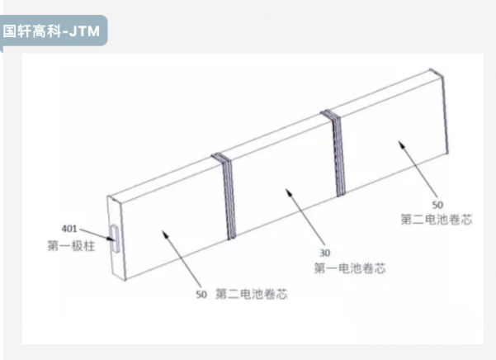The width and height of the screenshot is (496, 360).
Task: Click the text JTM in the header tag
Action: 84,31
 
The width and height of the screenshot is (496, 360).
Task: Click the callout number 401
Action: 69,229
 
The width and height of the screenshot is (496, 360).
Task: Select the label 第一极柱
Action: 71,246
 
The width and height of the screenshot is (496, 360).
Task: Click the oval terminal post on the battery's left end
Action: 115,239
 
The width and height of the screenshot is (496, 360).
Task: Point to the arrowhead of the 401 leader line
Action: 111,239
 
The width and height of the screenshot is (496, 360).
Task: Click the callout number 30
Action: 325,253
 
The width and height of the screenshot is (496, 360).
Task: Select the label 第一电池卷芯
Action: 350,268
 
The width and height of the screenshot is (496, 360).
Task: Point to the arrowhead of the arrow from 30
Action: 288,191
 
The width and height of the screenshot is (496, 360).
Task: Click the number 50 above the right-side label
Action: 437,205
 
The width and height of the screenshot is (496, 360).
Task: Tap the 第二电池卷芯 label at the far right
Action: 437,220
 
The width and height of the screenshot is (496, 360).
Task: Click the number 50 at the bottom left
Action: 201,295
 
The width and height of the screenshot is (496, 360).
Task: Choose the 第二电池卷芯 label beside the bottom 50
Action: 252,294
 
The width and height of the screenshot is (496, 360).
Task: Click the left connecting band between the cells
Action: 226,197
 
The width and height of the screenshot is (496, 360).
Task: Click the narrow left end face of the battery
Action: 116,238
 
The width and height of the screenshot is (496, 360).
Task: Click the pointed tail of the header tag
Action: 2,50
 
